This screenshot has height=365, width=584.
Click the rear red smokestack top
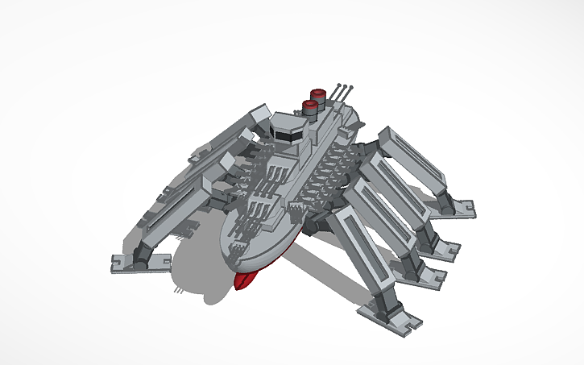317,93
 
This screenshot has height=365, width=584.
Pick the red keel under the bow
244,280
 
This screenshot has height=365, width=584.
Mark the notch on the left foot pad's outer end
114,261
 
